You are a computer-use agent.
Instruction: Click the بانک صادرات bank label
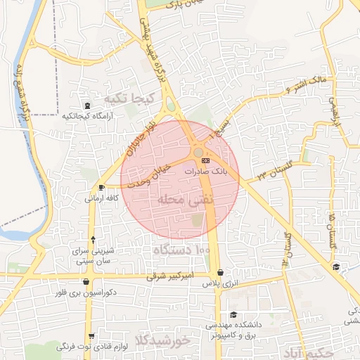(x=206, y=171)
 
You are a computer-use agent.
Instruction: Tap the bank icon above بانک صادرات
(x=205, y=161)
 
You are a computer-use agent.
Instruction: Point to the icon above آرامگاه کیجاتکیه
(x=86, y=105)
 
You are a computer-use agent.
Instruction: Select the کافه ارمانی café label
(x=101, y=198)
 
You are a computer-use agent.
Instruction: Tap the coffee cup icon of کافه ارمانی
(x=103, y=188)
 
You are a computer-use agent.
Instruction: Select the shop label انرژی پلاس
(x=217, y=285)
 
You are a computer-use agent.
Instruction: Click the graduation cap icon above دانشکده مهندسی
(x=233, y=314)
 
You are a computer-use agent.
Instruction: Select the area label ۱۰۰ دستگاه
(x=182, y=250)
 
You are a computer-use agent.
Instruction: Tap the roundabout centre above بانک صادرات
(x=199, y=152)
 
